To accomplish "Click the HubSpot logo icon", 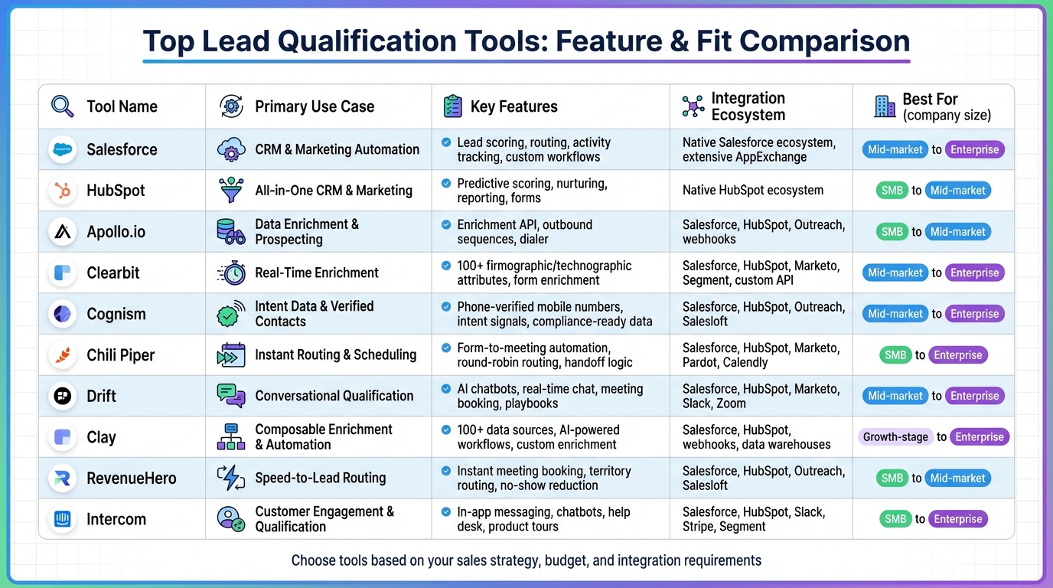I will [63, 191].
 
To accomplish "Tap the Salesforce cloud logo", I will [63, 149].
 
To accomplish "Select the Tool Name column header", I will [122, 106].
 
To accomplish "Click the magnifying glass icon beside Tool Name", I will [63, 106].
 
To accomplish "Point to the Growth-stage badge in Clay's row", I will [895, 437].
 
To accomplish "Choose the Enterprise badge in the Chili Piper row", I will [957, 355].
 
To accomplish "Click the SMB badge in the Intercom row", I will [895, 519].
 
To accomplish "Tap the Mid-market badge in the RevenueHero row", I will [957, 479].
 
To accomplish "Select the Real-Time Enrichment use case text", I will [317, 273].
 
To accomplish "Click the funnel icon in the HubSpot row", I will [231, 191].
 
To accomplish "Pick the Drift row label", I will [102, 396].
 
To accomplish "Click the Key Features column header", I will [513, 106].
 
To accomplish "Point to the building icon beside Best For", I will [885, 106].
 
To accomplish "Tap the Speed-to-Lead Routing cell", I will [320, 478].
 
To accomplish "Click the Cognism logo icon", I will [63, 314].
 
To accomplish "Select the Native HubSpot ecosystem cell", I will [753, 190].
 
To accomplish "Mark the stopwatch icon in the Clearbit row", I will [231, 273].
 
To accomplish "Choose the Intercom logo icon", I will [63, 519].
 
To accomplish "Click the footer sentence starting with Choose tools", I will [526, 560].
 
